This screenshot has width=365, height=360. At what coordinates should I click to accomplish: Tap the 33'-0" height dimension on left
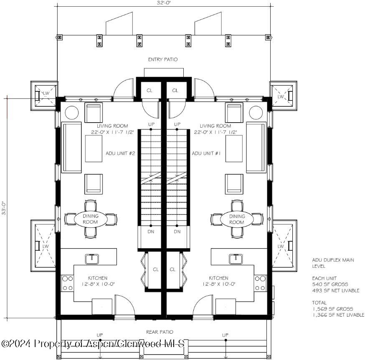pyautogui.click(x=3, y=208)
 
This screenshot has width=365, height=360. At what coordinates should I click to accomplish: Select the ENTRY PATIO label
pyautogui.click(x=163, y=60)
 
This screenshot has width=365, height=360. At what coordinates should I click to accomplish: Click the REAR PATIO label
pyautogui.click(x=160, y=332)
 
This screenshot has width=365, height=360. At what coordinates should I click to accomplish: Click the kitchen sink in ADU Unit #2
pyautogui.click(x=91, y=259)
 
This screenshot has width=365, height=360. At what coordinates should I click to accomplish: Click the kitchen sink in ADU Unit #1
pyautogui.click(x=236, y=259)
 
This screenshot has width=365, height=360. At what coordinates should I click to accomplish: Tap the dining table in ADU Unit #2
pyautogui.click(x=91, y=219)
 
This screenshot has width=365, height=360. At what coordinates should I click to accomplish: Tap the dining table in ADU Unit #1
pyautogui.click(x=237, y=219)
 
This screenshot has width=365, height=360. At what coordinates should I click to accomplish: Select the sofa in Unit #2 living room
pyautogui.click(x=71, y=147)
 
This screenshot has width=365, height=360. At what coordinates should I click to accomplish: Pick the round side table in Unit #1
pyautogui.click(x=255, y=113)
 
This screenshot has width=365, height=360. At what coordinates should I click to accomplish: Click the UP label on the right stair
pyautogui.click(x=177, y=124)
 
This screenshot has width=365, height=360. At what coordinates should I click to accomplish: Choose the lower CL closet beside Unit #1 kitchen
pyautogui.click(x=173, y=269)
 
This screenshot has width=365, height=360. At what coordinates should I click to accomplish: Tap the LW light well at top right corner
pyautogui.click(x=281, y=96)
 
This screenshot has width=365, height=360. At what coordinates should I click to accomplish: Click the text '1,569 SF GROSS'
pyautogui.click(x=327, y=309)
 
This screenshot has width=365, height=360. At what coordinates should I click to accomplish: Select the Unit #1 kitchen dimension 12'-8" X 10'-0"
pyautogui.click(x=218, y=285)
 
